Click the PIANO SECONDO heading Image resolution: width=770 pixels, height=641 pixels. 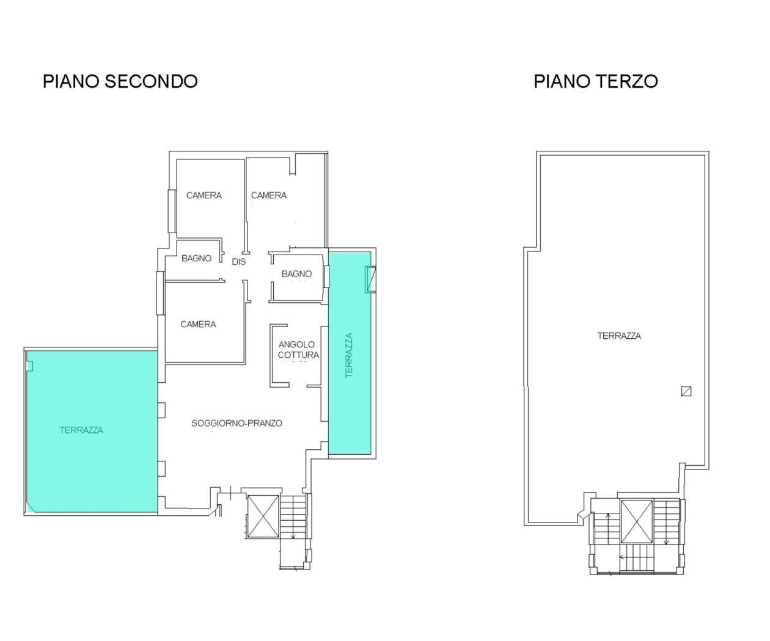pos(120,81)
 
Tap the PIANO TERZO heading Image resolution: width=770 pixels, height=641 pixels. pos(596,81)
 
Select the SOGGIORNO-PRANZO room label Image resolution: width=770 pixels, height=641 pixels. pos(237,423)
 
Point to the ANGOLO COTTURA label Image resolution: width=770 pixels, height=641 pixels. pos(298,350)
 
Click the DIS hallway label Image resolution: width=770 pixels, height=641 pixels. pos(238,262)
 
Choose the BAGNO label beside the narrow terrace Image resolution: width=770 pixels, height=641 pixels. pos(296,273)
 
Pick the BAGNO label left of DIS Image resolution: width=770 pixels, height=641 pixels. pos(197,258)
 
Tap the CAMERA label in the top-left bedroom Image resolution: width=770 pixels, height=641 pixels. pos(204,195)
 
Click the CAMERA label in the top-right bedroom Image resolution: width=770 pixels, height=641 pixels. pos(269,195)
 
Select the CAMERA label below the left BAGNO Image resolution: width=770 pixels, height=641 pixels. pos(198,324)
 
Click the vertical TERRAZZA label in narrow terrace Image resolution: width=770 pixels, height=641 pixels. pos(349,355)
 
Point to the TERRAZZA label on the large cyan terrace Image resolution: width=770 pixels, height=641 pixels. pos(81,430)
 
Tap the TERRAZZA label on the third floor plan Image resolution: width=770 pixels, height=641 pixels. pos(619,336)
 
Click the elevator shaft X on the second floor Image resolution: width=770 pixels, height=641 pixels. pos(263,516)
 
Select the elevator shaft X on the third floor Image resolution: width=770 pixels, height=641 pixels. pos(637,521)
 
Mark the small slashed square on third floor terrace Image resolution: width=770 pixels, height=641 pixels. pos(686,391)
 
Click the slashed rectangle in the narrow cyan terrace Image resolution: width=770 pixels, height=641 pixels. pos(370,279)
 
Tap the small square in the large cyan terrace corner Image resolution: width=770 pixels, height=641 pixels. pos(29,366)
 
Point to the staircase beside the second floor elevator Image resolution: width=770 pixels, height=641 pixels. pos(293,517)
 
